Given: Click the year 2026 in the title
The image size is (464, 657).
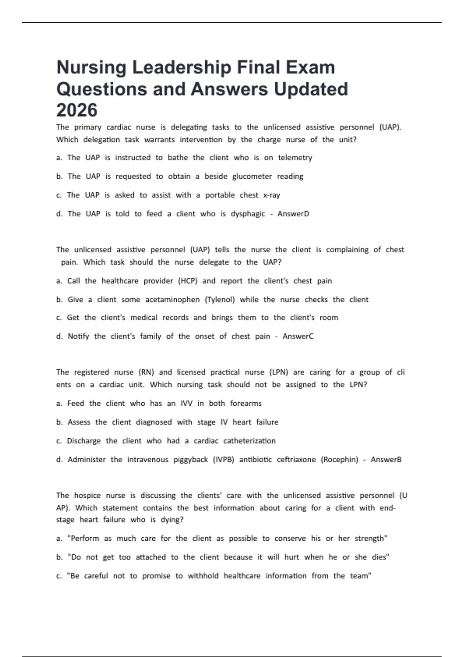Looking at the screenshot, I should coord(77,110).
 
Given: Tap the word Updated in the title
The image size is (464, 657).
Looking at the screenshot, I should coord(311,89).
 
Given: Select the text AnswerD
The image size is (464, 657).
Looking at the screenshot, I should coord(293,214).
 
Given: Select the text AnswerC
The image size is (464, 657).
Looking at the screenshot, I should coord(298,336).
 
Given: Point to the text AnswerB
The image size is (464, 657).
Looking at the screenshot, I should coord(386,460).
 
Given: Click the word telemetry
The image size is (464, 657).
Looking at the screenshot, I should coord(295,158).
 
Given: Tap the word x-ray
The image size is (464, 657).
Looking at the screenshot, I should coord(271,195).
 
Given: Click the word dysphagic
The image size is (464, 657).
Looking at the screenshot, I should coord(248,214).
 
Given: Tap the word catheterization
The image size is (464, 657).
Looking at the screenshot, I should coord(249,441).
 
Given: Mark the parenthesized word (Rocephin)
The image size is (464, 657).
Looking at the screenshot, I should coord(339,460).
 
